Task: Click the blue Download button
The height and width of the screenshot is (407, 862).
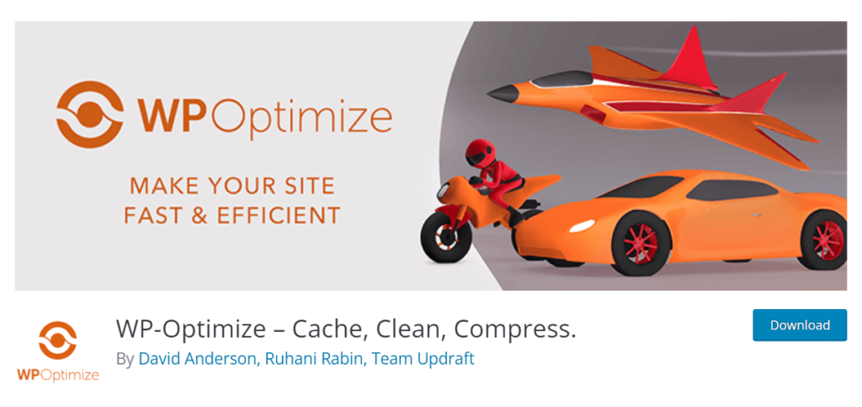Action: pos(800,325)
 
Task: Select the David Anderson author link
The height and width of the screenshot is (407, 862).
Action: pos(197,359)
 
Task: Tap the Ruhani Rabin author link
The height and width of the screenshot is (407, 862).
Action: pos(313,359)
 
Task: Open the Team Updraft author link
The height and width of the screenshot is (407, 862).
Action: pos(423,359)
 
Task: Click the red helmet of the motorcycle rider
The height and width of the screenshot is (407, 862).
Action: pos(478,152)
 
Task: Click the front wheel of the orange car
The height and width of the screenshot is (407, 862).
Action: pos(641,243)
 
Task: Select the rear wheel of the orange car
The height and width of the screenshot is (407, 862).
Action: pos(826,239)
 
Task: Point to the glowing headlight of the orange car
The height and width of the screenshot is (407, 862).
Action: pos(582,226)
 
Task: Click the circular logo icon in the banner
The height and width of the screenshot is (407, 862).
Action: pos(89,114)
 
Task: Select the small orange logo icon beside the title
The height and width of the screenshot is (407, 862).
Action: pos(58,340)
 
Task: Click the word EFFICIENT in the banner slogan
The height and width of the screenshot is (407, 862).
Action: pos(279,215)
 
